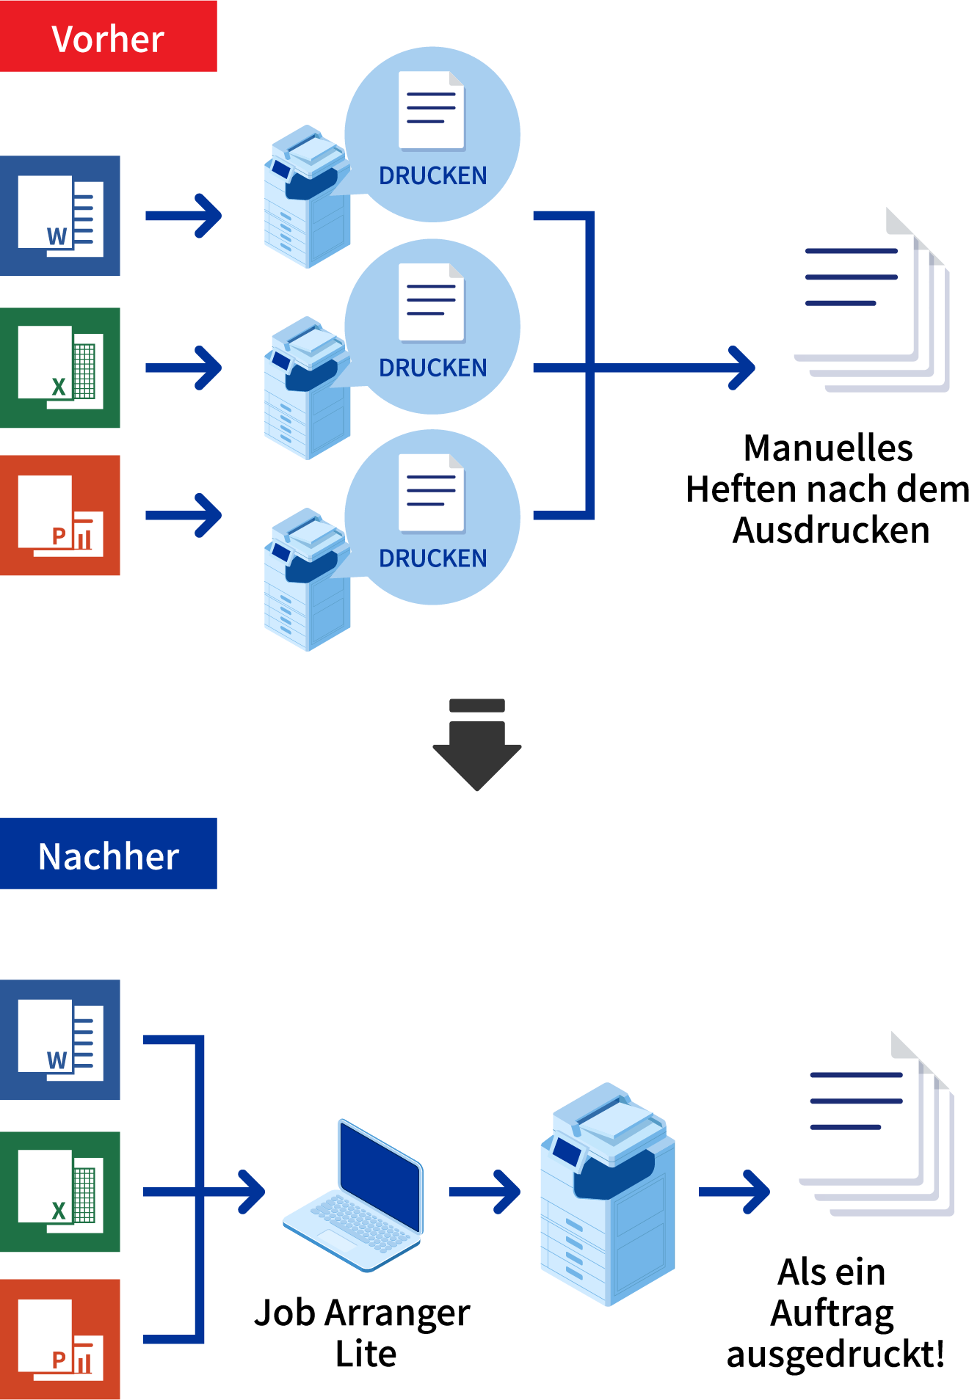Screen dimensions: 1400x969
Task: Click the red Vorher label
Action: point(108,37)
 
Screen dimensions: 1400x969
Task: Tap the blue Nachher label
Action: point(108,854)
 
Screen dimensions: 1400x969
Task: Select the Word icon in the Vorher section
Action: point(60,216)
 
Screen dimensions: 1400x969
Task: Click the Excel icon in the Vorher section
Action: point(60,368)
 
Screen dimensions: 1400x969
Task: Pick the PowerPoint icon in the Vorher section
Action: point(60,515)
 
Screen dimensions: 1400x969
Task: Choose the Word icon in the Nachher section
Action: point(60,1040)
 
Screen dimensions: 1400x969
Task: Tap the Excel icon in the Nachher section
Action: point(60,1192)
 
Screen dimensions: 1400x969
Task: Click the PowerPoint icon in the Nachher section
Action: point(60,1339)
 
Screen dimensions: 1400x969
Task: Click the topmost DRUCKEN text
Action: point(432,176)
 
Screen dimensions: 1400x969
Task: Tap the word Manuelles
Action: point(827,448)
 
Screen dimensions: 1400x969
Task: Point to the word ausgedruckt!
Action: point(835,1355)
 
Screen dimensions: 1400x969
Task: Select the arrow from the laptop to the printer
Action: point(485,1192)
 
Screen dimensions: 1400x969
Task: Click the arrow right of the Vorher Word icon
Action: point(184,216)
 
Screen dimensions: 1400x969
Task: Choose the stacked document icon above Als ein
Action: point(877,1126)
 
